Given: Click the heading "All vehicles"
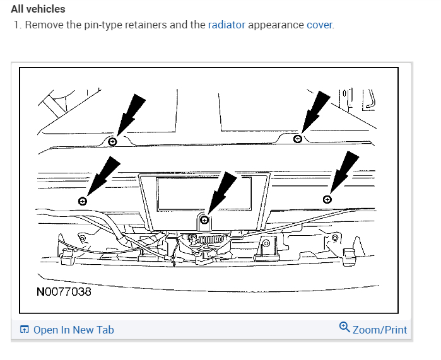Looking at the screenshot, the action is coord(38,9).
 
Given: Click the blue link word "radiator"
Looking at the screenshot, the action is coord(226,25).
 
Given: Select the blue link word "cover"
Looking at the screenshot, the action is coord(319,25).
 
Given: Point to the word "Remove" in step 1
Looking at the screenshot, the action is coord(44,25).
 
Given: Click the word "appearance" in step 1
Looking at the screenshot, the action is coord(276,25).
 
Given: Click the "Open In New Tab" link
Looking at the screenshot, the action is coord(73,330).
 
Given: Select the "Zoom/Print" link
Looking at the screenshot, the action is coord(380,330).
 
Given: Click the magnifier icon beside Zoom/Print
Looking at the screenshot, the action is coord(344,327).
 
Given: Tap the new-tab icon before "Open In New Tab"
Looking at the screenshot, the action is coord(25,330).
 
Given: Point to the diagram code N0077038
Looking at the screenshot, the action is coord(64,293).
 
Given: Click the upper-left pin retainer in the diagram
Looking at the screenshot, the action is coord(112,141).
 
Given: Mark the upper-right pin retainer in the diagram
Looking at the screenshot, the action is coord(298,139).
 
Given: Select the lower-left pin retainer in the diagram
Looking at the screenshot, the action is coord(83,200).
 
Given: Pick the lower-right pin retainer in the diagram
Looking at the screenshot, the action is coord(327,199).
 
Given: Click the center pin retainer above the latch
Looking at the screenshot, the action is coord(204,220).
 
